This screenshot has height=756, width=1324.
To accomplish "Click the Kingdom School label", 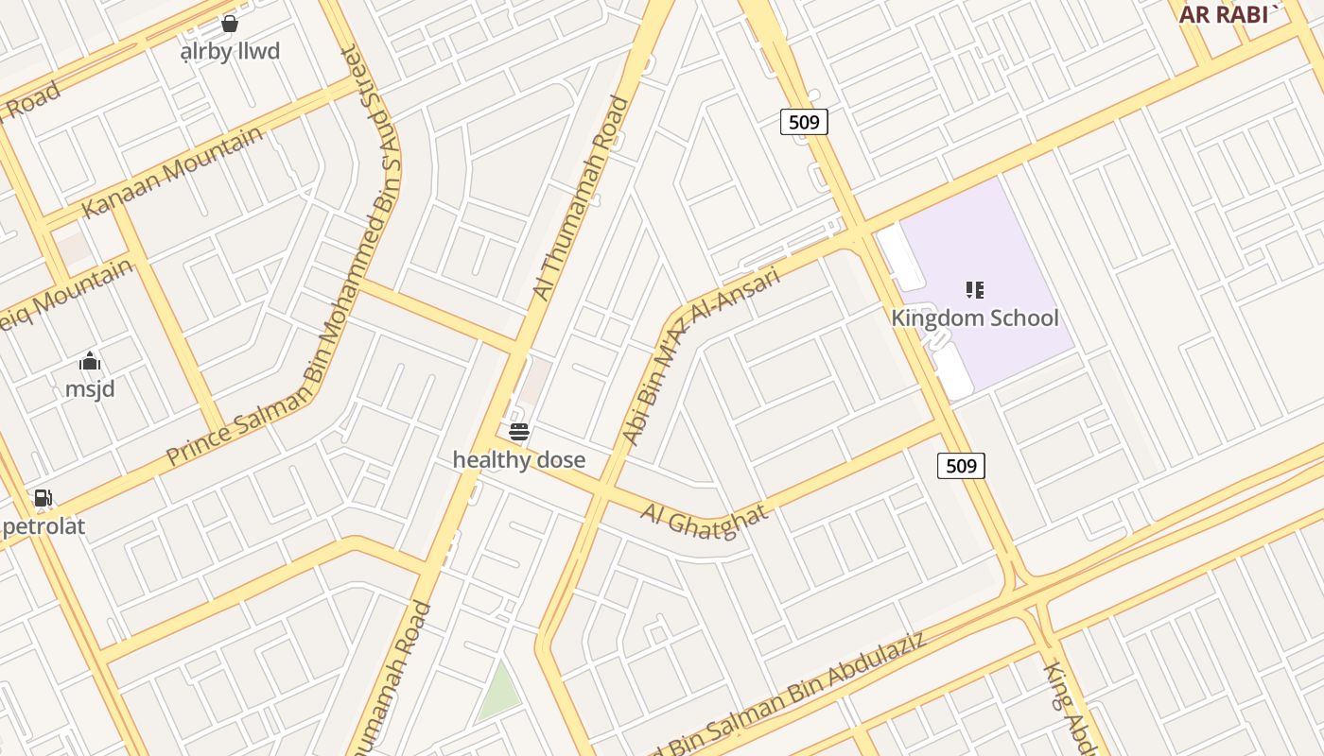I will pyautogui.click(x=974, y=318).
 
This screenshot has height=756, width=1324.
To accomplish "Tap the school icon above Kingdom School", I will pyautogui.click(x=975, y=290).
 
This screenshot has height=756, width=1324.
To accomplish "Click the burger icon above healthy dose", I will pyautogui.click(x=519, y=433).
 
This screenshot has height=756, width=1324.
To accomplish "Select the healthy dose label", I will pyautogui.click(x=518, y=460).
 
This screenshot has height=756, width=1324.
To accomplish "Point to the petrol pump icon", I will pyautogui.click(x=43, y=498).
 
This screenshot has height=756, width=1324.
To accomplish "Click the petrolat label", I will pyautogui.click(x=44, y=526).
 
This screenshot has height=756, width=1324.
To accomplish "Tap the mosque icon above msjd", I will pyautogui.click(x=90, y=361).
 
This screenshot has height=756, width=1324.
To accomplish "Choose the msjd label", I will pyautogui.click(x=90, y=388).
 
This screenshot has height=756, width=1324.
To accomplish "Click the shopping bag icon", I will pyautogui.click(x=229, y=24).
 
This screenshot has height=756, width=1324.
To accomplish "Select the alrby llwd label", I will pyautogui.click(x=230, y=51).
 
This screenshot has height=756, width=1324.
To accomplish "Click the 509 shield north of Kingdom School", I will pyautogui.click(x=804, y=121).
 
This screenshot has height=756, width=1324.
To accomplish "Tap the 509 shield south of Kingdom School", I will pyautogui.click(x=961, y=465).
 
